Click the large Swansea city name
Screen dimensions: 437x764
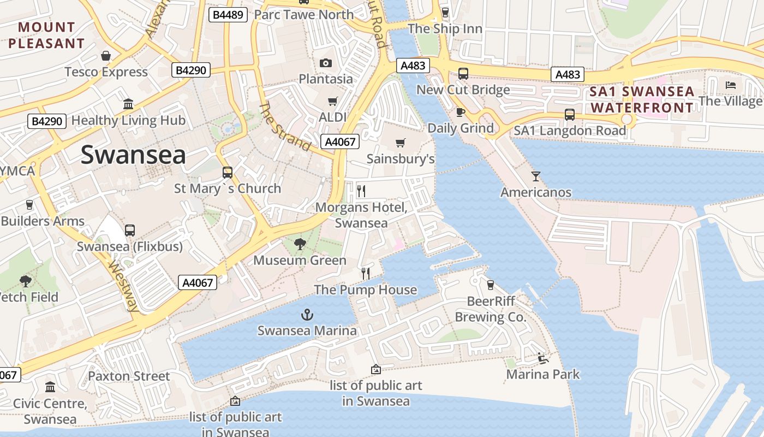coord(133,155)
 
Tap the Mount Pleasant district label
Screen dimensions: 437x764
coord(46,35)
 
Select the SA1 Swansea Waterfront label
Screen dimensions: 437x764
coord(642,99)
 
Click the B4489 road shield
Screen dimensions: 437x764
coord(228,15)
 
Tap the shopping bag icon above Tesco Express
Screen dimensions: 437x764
coord(106,56)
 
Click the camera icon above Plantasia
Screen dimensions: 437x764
coord(326,63)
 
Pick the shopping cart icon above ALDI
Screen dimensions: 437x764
coord(332,101)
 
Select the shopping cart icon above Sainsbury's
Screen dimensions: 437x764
coord(401,143)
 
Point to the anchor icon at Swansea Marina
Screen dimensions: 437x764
coord(307,315)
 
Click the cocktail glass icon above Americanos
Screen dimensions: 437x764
coord(536,176)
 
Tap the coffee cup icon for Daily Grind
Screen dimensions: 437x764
coord(460,112)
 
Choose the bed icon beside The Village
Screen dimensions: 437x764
coord(731,85)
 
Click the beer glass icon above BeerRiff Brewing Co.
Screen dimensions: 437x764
coord(490,285)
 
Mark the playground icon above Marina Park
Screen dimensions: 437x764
coord(542,358)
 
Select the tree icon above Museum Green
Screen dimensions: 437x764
coord(300,244)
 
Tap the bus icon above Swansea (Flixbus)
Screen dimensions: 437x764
coord(130,231)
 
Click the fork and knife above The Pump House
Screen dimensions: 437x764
coord(366,273)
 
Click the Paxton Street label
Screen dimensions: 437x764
coord(129,376)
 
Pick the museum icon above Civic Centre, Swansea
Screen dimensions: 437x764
coord(50,387)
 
